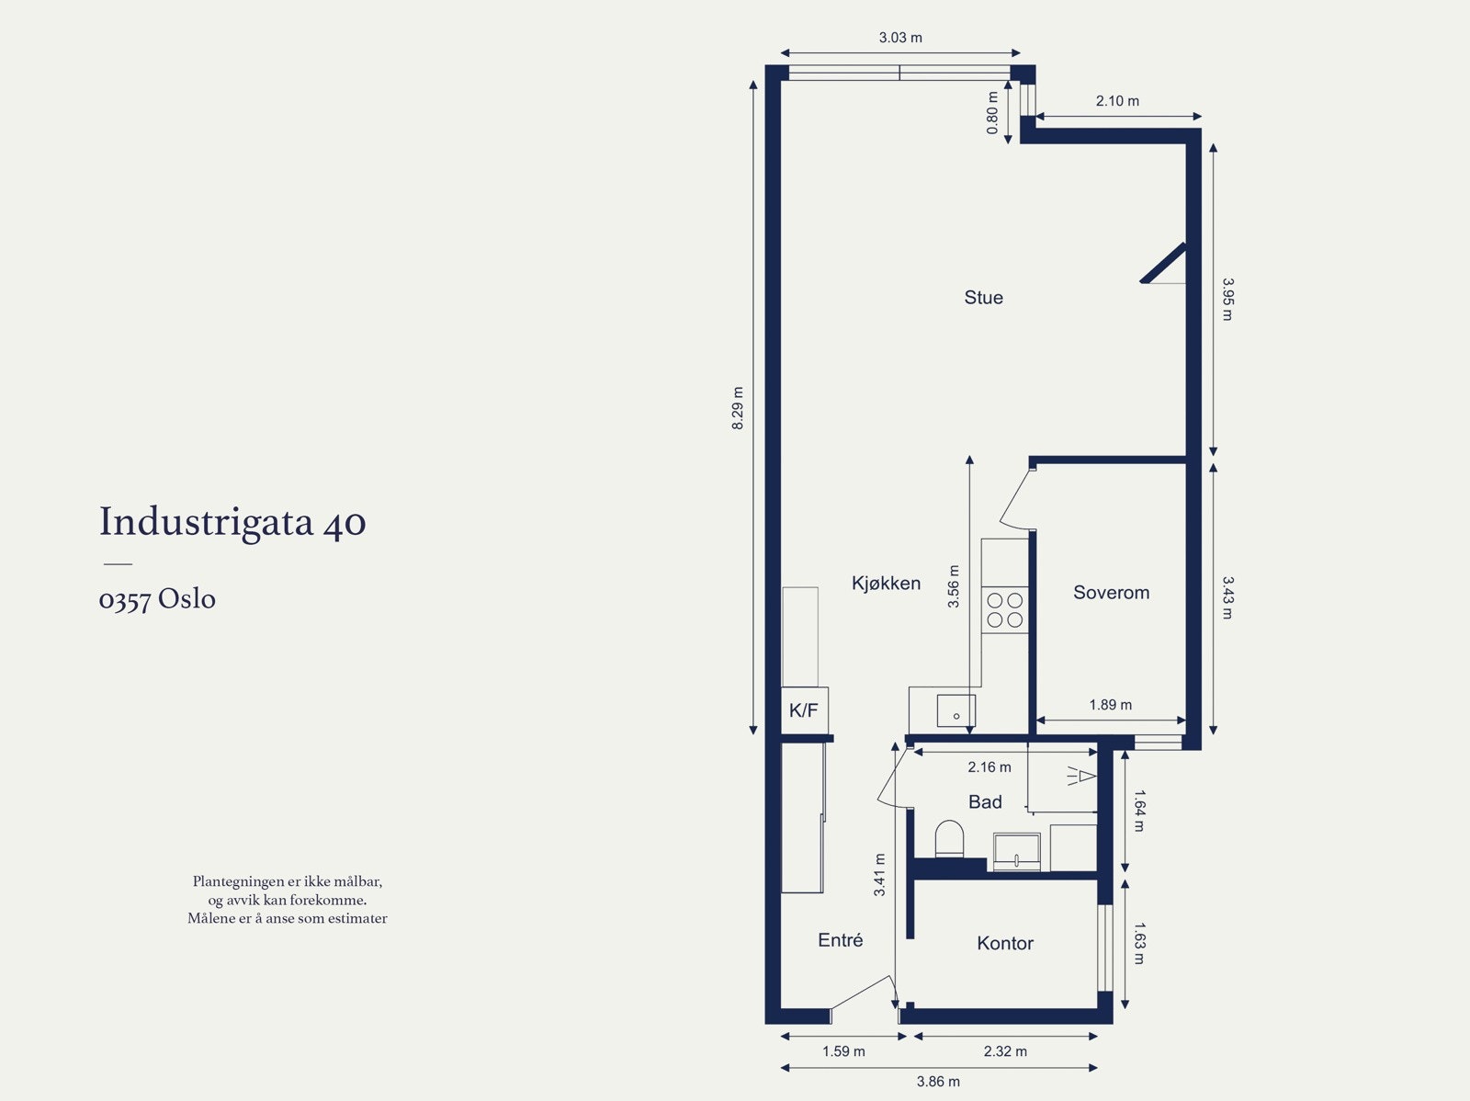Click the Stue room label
pyautogui.click(x=983, y=298)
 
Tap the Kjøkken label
pyautogui.click(x=886, y=584)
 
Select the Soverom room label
pyautogui.click(x=1111, y=593)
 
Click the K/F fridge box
pyautogui.click(x=804, y=710)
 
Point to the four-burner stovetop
pyautogui.click(x=1004, y=610)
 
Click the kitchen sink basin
pyautogui.click(x=955, y=710)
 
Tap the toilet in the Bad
pyautogui.click(x=949, y=838)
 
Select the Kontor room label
pyautogui.click(x=1004, y=944)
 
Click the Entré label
pyautogui.click(x=840, y=940)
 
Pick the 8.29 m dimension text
pyautogui.click(x=738, y=409)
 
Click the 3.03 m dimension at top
pyautogui.click(x=900, y=38)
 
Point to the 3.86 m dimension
pyautogui.click(x=938, y=1082)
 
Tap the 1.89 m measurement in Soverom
pyautogui.click(x=1110, y=705)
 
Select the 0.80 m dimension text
pyautogui.click(x=993, y=113)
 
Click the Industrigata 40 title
pyautogui.click(x=232, y=522)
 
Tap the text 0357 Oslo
pyautogui.click(x=157, y=599)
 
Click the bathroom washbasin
pyautogui.click(x=1016, y=851)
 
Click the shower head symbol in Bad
pyautogui.click(x=1081, y=777)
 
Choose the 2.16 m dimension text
pyautogui.click(x=989, y=766)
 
